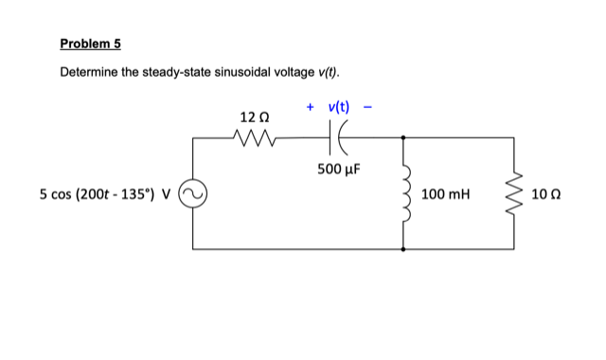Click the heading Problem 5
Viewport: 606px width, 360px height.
(x=90, y=44)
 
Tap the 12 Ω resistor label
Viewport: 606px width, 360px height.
(x=255, y=117)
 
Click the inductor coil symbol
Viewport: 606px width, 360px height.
(x=406, y=193)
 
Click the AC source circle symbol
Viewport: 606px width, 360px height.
(x=194, y=194)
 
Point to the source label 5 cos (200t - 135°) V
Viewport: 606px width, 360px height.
(x=104, y=194)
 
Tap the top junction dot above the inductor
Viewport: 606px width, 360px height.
(x=404, y=138)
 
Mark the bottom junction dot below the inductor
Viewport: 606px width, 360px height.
(x=404, y=249)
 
